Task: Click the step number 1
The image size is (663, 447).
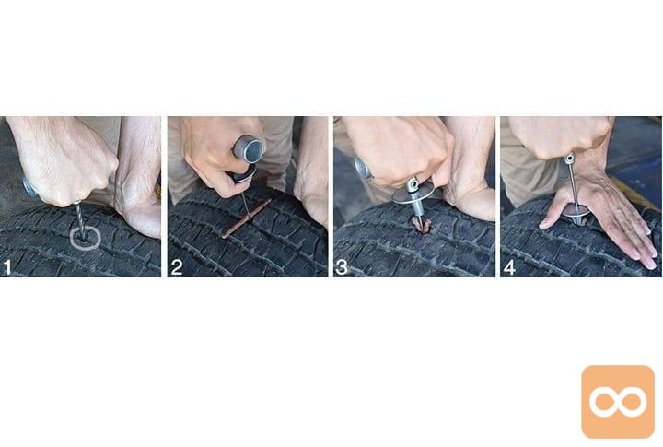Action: [7, 268]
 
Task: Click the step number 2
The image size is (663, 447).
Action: [177, 267]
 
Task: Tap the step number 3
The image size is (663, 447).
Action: [342, 267]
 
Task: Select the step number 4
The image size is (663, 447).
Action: [509, 267]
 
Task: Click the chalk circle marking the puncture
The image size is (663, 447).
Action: [85, 247]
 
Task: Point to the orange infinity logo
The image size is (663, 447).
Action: [618, 402]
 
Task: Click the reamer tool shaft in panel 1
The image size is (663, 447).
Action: [80, 221]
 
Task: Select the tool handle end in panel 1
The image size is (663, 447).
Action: [29, 188]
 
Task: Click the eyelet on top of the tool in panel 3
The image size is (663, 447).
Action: [413, 182]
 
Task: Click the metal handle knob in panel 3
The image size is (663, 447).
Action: [363, 167]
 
